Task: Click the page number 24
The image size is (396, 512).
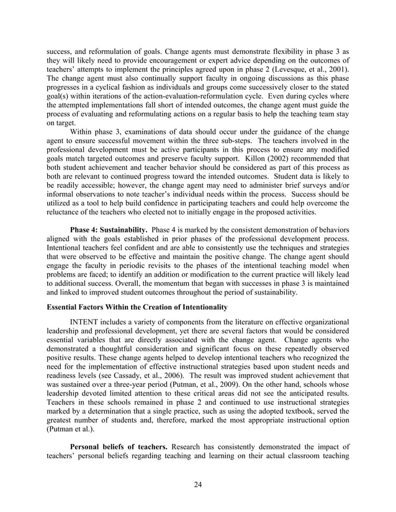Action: point(198,485)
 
